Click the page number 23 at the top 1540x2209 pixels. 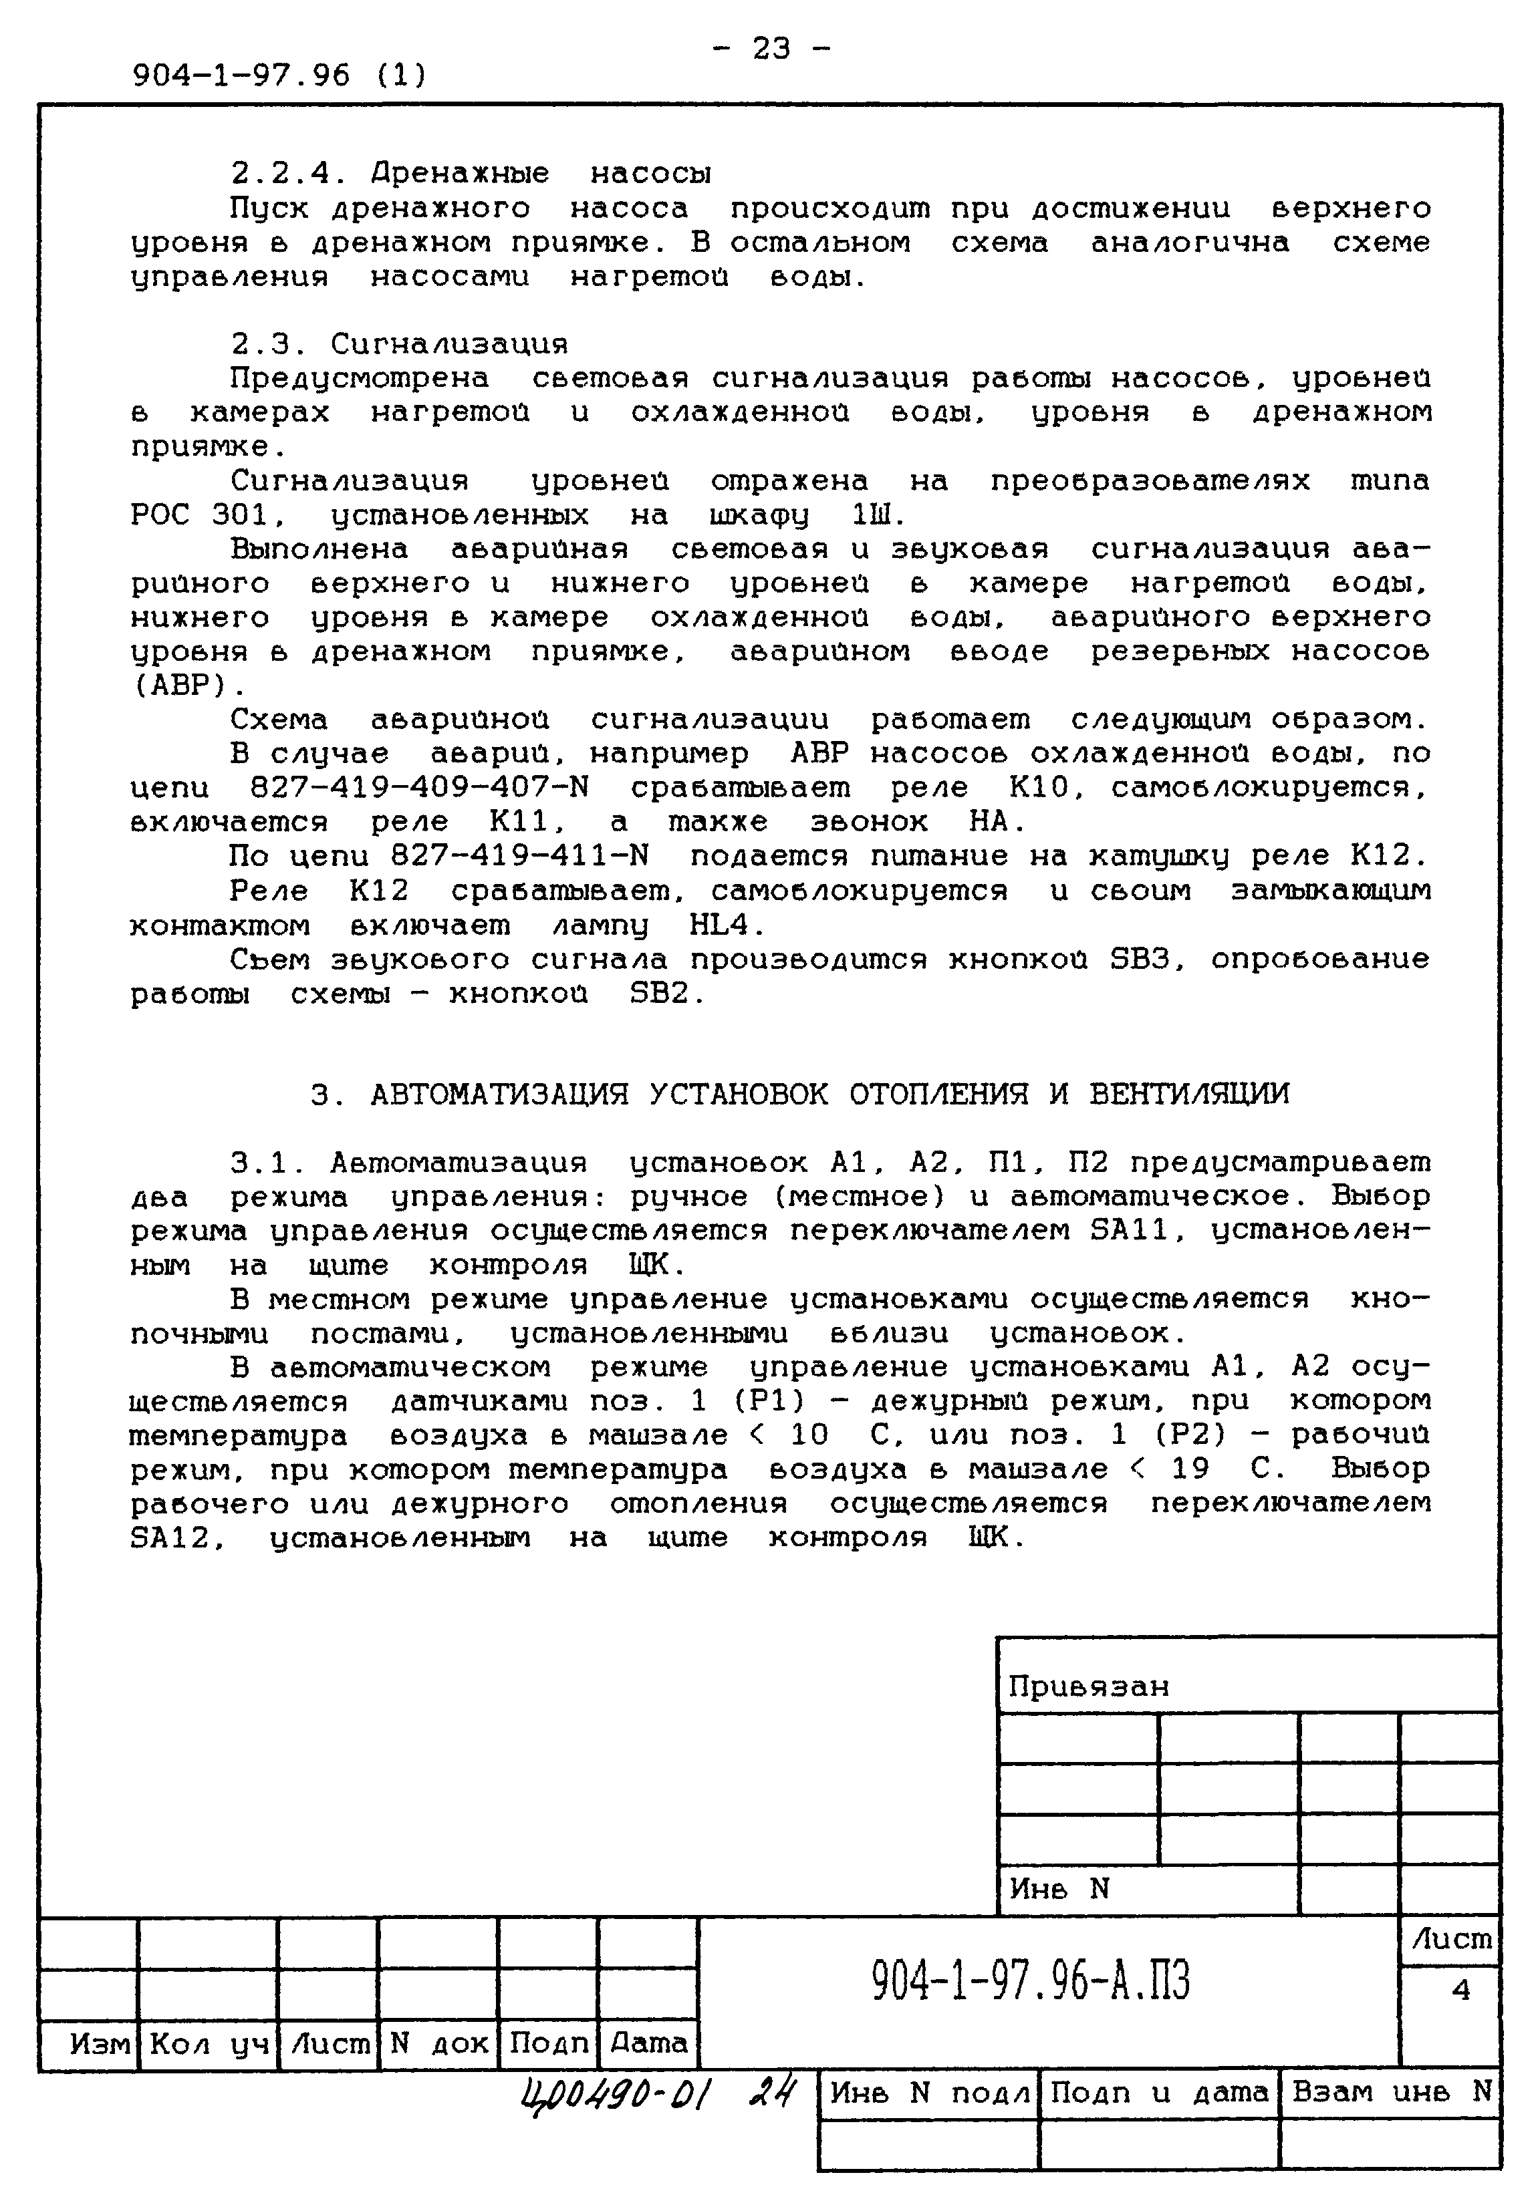click(x=771, y=48)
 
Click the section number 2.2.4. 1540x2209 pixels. click(x=286, y=174)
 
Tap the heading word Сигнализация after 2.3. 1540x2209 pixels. click(x=448, y=344)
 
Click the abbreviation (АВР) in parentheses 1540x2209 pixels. click(x=186, y=686)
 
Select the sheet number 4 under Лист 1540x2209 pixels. click(x=1460, y=1990)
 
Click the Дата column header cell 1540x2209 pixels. click(x=649, y=2043)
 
